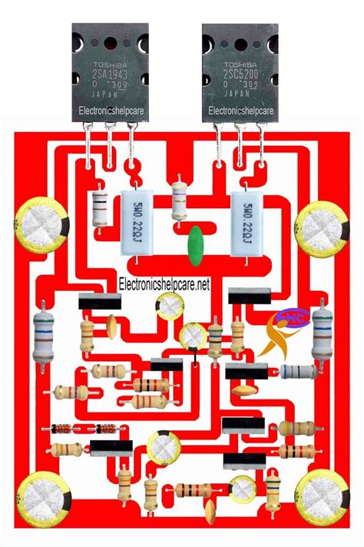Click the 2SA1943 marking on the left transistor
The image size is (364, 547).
point(108,78)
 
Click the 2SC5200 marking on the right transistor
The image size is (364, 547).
point(240,78)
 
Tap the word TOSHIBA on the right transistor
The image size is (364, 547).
point(240,66)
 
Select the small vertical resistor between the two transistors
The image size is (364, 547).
point(180,199)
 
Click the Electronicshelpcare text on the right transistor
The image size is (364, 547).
point(240,111)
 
